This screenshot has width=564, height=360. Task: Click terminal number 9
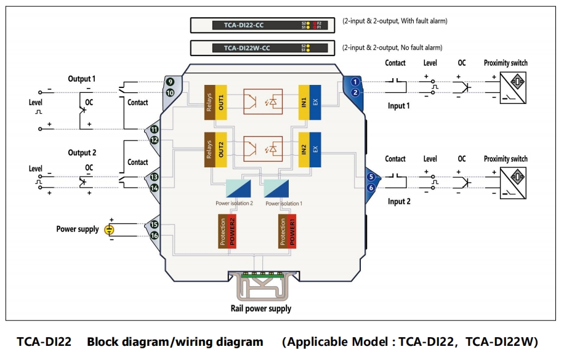point(169,81)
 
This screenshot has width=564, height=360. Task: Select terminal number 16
point(155,236)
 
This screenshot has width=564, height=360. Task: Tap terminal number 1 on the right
point(355,81)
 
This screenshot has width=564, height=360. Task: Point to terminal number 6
point(371,187)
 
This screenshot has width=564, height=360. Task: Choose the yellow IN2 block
point(304,150)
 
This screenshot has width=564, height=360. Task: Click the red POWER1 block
point(292,231)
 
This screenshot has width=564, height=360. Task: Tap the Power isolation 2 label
point(234,203)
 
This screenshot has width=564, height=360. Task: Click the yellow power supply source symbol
point(109,230)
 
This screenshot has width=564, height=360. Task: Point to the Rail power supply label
point(261,308)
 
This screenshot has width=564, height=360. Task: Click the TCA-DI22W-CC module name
point(246,47)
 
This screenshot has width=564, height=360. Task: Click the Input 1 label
point(398,106)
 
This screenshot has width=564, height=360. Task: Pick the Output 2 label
point(82,153)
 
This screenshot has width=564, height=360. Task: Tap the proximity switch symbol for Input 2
point(514,179)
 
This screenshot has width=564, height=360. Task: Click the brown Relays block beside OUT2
point(209,150)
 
